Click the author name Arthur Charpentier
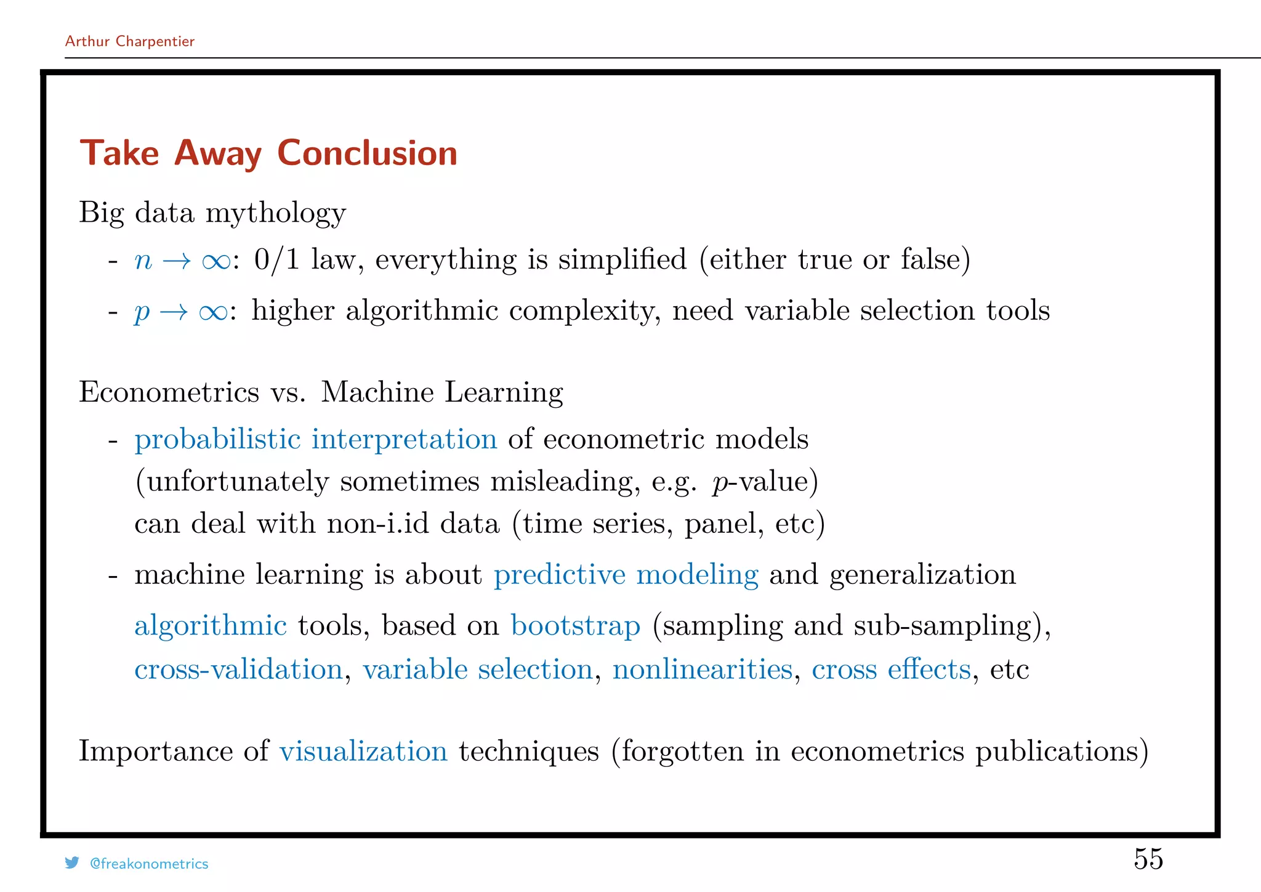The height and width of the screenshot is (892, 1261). coord(130,41)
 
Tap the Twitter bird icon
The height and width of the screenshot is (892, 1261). coord(72,863)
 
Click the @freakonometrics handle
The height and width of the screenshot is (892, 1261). coord(149,864)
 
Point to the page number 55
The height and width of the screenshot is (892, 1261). coord(1148,859)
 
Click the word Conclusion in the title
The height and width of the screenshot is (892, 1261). coord(367,153)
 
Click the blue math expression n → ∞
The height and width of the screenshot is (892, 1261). coord(182,261)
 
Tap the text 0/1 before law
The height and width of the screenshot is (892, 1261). coord(276,259)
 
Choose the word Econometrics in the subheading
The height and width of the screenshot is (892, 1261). coord(169,392)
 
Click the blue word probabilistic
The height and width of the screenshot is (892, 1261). coord(217,439)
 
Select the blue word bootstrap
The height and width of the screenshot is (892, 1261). coord(576,626)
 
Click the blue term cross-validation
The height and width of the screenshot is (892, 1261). coord(239,670)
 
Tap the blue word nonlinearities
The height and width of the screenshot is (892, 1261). coord(703,670)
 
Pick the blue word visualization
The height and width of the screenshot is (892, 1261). coord(363,752)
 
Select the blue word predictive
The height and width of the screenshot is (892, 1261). coord(560,575)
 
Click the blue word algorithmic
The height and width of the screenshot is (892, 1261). coord(211,626)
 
